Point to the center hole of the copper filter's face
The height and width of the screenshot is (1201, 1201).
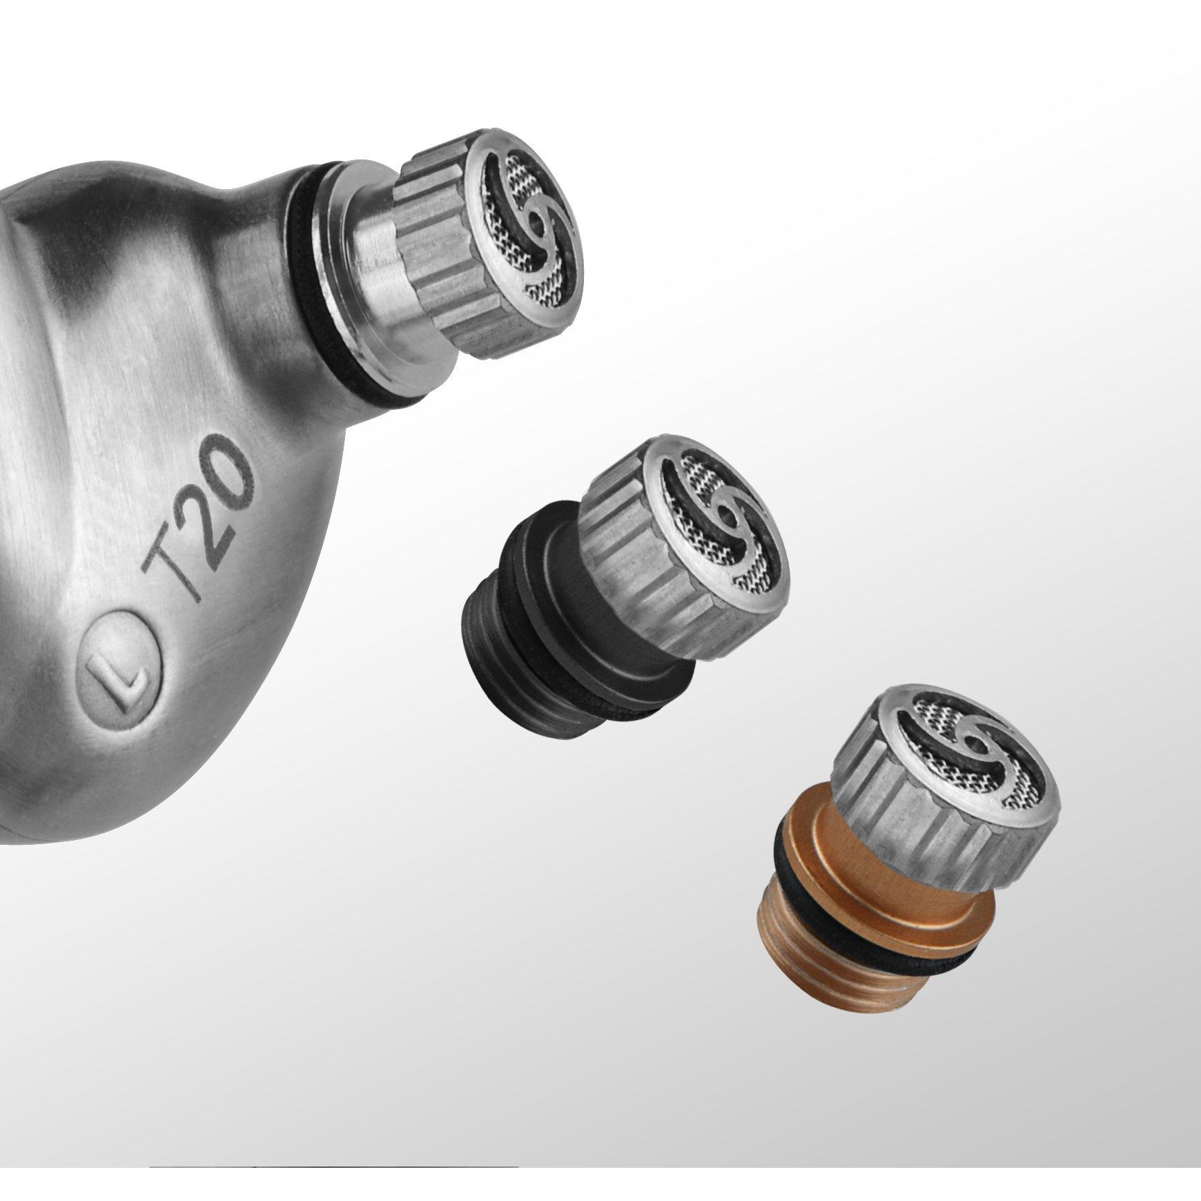coord(973,745)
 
